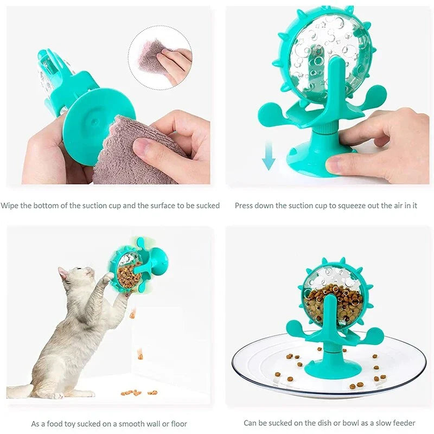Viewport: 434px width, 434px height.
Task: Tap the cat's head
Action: [x=73, y=277]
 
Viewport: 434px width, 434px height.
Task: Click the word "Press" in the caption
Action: [x=245, y=206]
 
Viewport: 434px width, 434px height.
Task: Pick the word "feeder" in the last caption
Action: [x=403, y=423]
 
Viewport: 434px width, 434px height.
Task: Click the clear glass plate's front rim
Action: [x=325, y=392]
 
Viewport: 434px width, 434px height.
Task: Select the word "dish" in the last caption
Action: [x=311, y=423]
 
